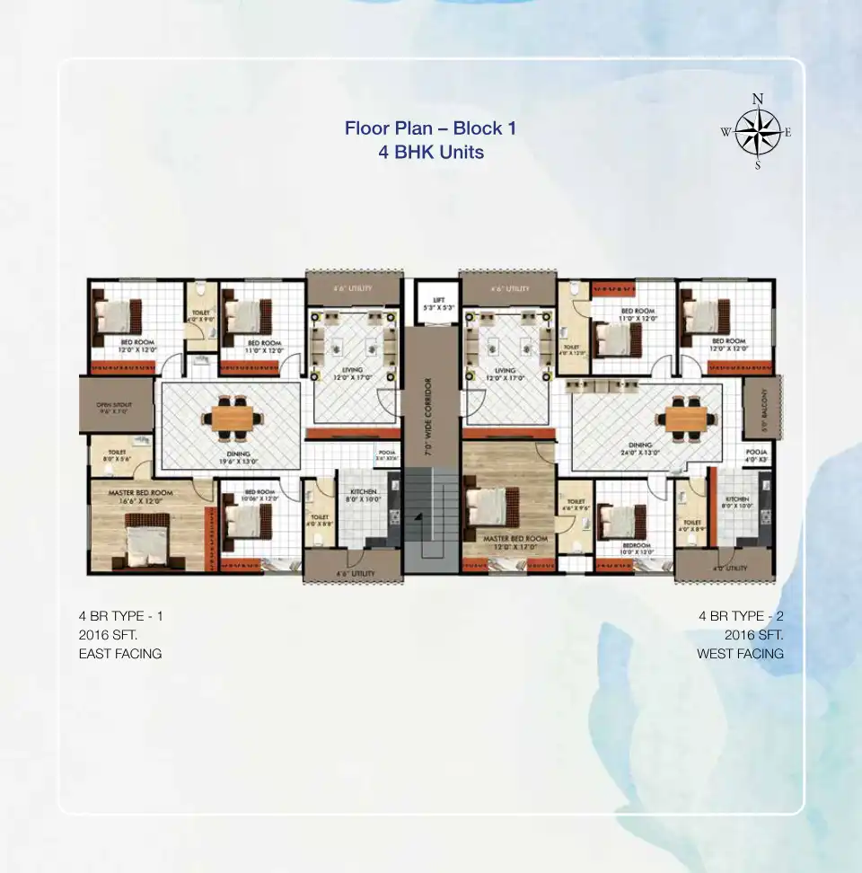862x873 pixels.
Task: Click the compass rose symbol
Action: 759,133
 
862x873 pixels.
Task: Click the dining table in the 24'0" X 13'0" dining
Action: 682,417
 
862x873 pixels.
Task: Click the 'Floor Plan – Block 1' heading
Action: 430,128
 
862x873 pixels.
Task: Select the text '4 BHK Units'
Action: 431,152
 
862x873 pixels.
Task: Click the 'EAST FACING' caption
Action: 120,654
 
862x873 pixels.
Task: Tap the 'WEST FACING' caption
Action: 740,654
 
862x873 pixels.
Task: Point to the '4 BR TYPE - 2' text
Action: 741,616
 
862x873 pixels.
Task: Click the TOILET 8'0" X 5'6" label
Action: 118,456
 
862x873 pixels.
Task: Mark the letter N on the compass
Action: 758,99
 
